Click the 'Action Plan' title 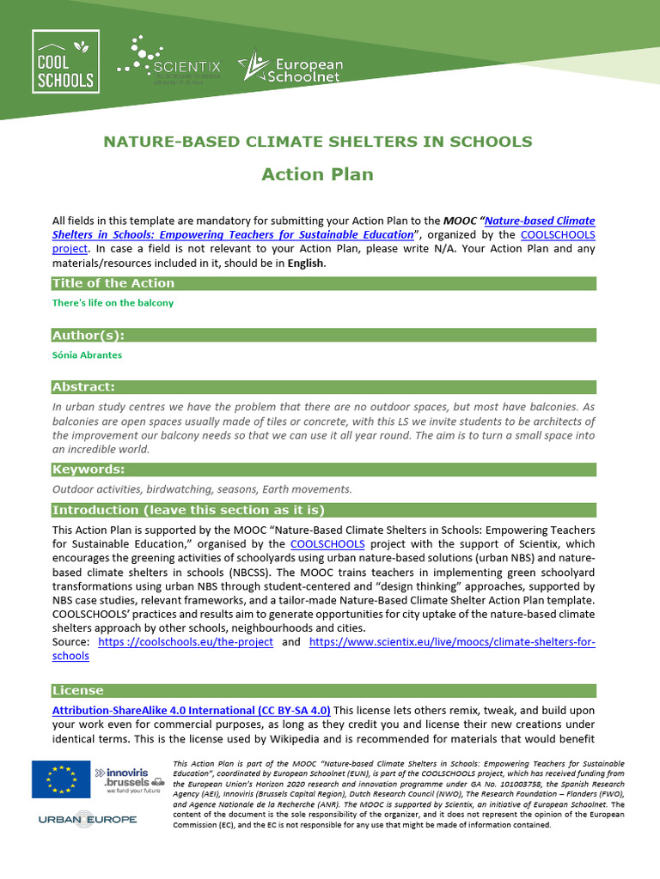317,174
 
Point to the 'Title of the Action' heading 113,283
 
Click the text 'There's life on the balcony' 113,303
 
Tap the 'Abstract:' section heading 83,387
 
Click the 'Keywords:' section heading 89,470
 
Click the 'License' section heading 78,691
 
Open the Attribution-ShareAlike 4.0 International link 191,711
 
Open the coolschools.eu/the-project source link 186,642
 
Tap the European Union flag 61,779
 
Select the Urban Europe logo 88,820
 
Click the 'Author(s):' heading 89,335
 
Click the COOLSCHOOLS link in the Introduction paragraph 327,544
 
